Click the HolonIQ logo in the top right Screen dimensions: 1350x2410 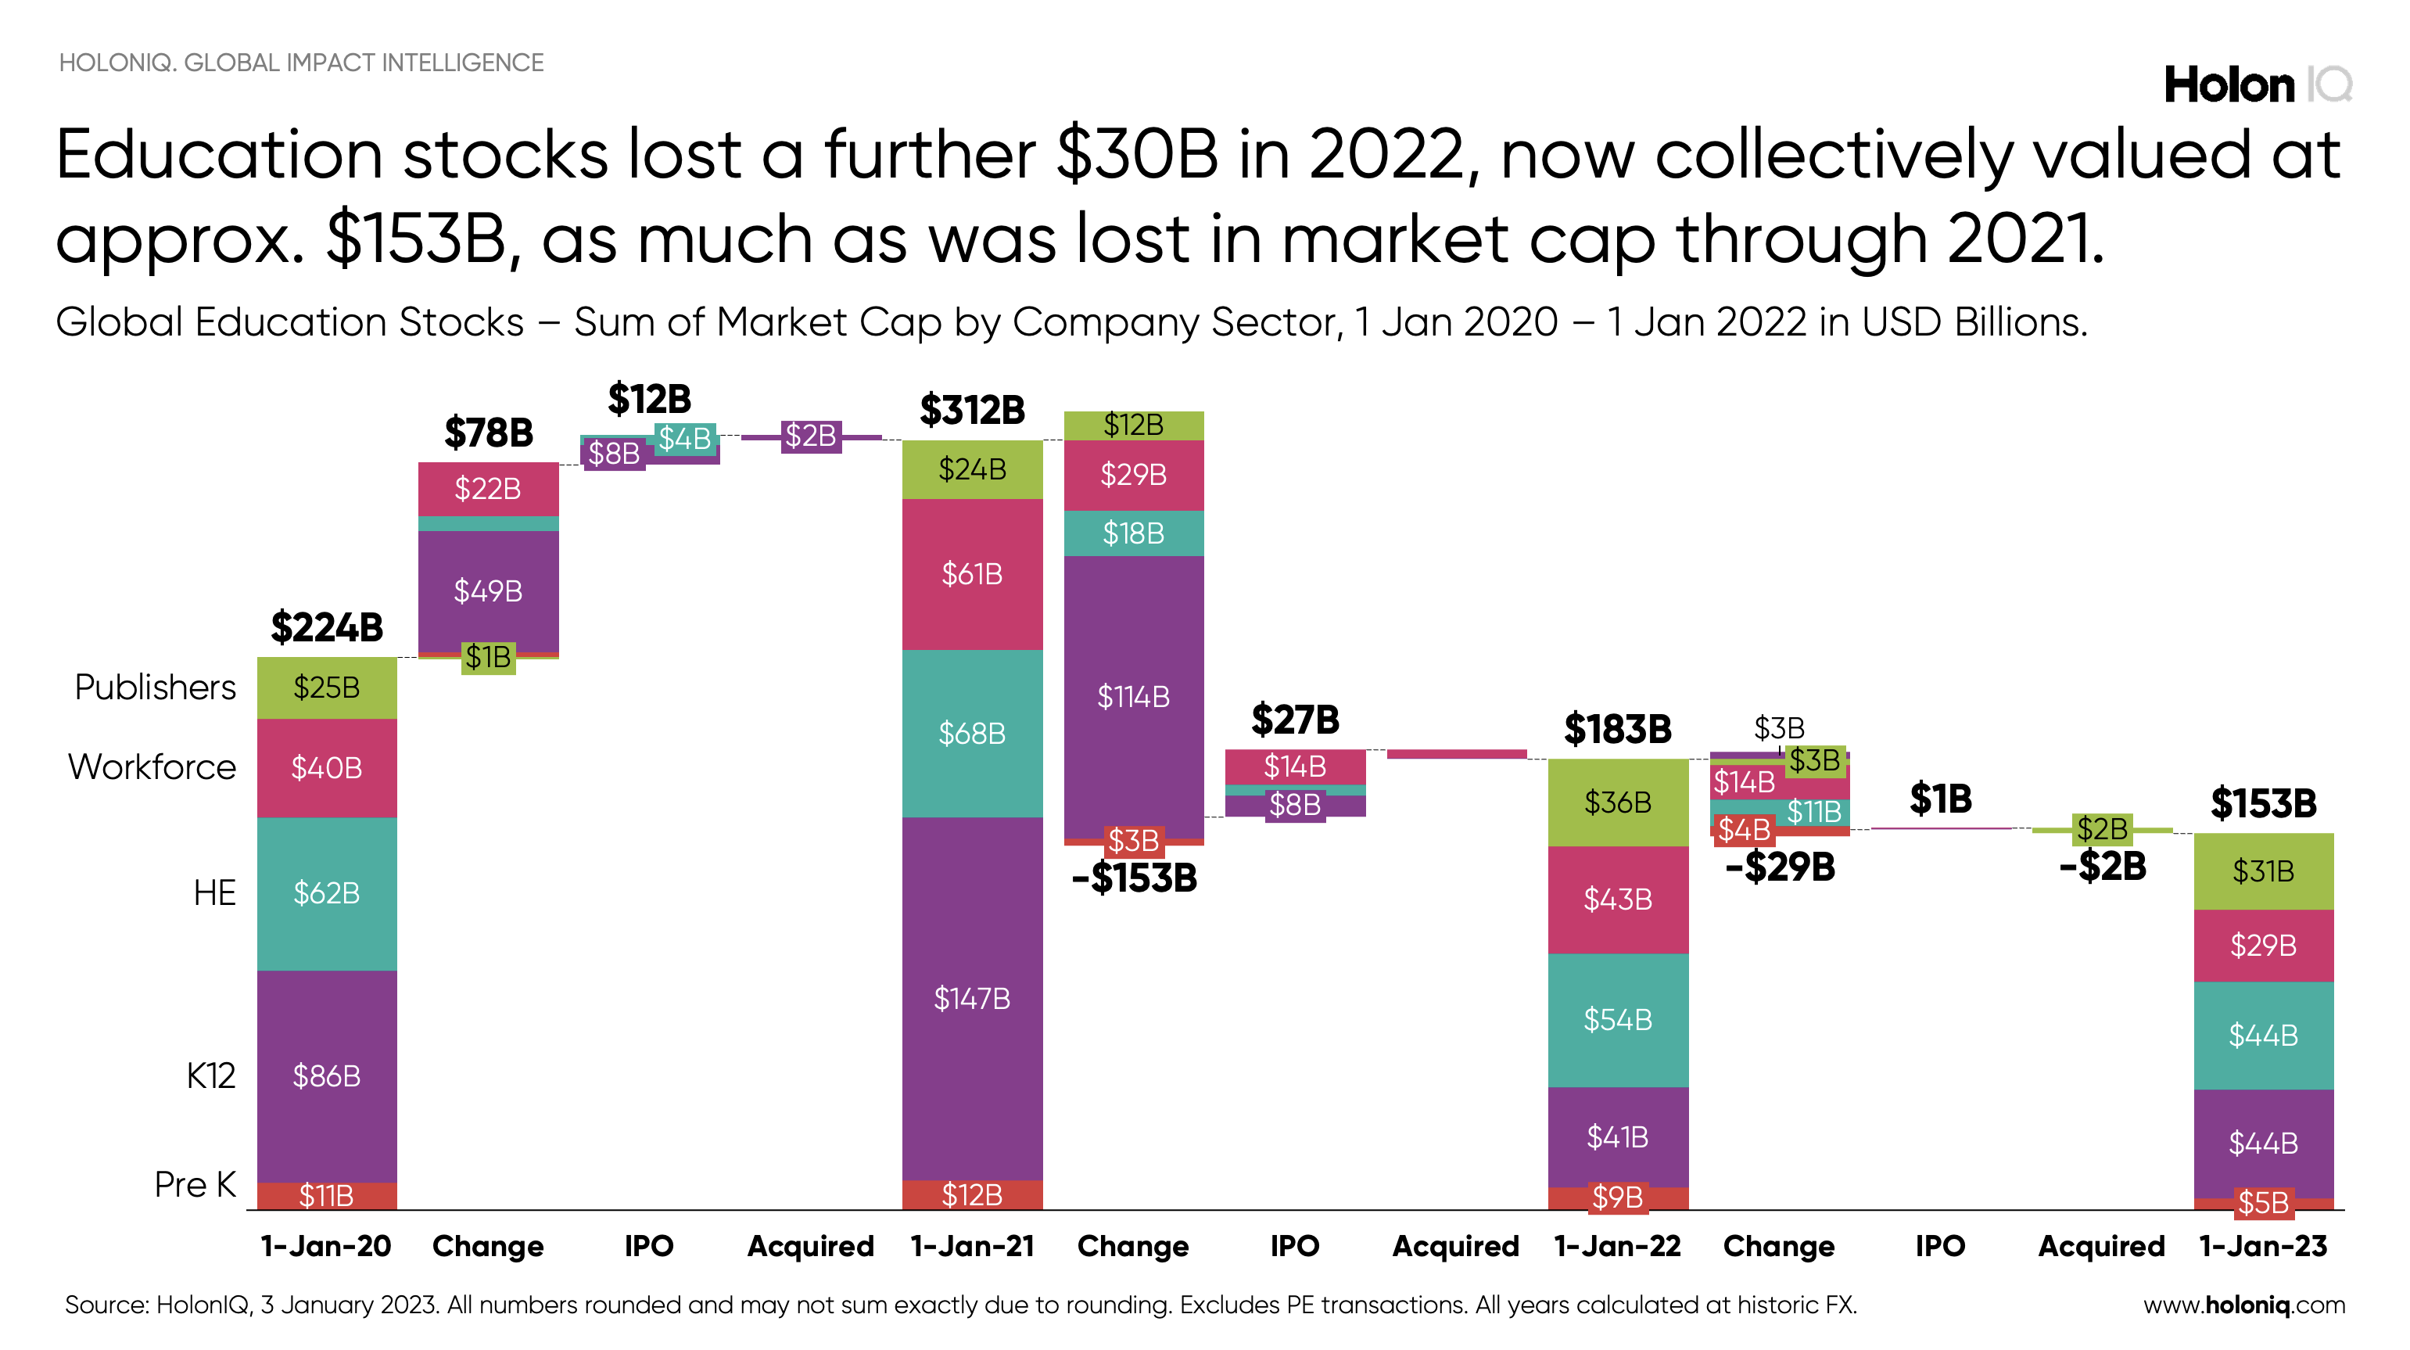pos(2257,85)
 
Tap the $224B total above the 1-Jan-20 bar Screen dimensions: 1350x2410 pos(327,627)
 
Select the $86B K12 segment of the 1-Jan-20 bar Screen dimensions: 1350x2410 pos(327,1076)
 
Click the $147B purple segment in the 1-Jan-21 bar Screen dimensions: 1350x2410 pos(972,998)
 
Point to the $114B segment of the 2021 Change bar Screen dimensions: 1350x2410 pos(1133,696)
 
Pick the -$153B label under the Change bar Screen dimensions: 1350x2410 pos(1134,878)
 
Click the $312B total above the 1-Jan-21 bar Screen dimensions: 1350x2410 pos(972,410)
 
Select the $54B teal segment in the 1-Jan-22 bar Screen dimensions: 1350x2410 pos(1618,1019)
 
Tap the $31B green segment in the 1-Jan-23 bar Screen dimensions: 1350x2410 pos(2263,871)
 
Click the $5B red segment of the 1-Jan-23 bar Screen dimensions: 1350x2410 pos(2263,1203)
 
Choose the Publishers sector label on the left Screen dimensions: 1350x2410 pos(156,687)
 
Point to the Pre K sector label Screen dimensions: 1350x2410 pos(195,1184)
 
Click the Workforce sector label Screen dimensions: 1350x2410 pos(152,767)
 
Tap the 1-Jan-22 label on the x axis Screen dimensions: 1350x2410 pos(1618,1246)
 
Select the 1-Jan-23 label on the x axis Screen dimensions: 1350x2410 pos(2263,1246)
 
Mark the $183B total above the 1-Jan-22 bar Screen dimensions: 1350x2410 pos(1618,729)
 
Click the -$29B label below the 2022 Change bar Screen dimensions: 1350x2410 pos(1780,867)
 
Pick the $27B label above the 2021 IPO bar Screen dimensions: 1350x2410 pos(1295,720)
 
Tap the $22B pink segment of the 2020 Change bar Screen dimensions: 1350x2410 pos(487,488)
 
